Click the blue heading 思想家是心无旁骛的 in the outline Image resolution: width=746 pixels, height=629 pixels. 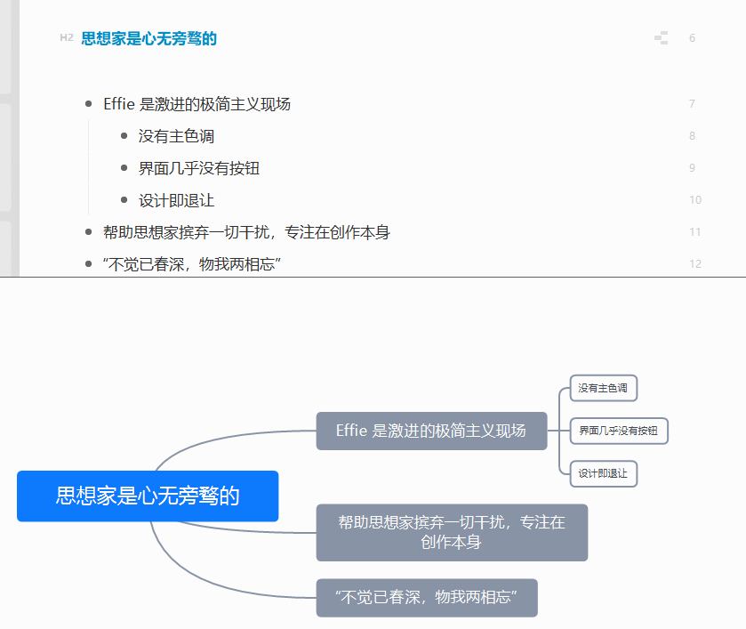click(148, 38)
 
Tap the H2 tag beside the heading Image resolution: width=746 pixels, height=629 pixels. click(67, 37)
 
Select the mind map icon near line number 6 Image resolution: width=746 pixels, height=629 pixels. click(661, 37)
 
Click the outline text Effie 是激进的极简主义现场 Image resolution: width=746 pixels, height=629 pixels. click(197, 104)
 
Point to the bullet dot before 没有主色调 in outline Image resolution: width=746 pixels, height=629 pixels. click(124, 136)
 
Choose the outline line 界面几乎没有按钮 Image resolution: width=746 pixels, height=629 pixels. click(199, 168)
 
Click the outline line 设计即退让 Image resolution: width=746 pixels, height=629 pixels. click(176, 200)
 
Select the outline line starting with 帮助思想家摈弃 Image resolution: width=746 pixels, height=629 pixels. click(246, 232)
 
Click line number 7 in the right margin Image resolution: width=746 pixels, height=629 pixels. click(692, 104)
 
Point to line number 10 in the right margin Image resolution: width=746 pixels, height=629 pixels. click(694, 200)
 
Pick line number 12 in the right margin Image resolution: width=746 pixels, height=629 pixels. click(694, 264)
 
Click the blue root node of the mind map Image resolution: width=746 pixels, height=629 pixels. click(148, 496)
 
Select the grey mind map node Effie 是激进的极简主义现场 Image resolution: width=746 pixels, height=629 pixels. click(431, 431)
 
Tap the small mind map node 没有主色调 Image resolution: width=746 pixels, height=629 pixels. click(603, 388)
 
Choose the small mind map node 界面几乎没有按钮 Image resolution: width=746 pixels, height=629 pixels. click(618, 431)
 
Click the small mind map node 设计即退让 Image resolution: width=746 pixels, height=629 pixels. click(603, 473)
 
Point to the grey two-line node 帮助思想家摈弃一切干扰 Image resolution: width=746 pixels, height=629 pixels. click(452, 532)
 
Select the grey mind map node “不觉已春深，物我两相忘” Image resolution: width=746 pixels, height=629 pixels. click(427, 597)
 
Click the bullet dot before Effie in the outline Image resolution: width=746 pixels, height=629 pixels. click(88, 104)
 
